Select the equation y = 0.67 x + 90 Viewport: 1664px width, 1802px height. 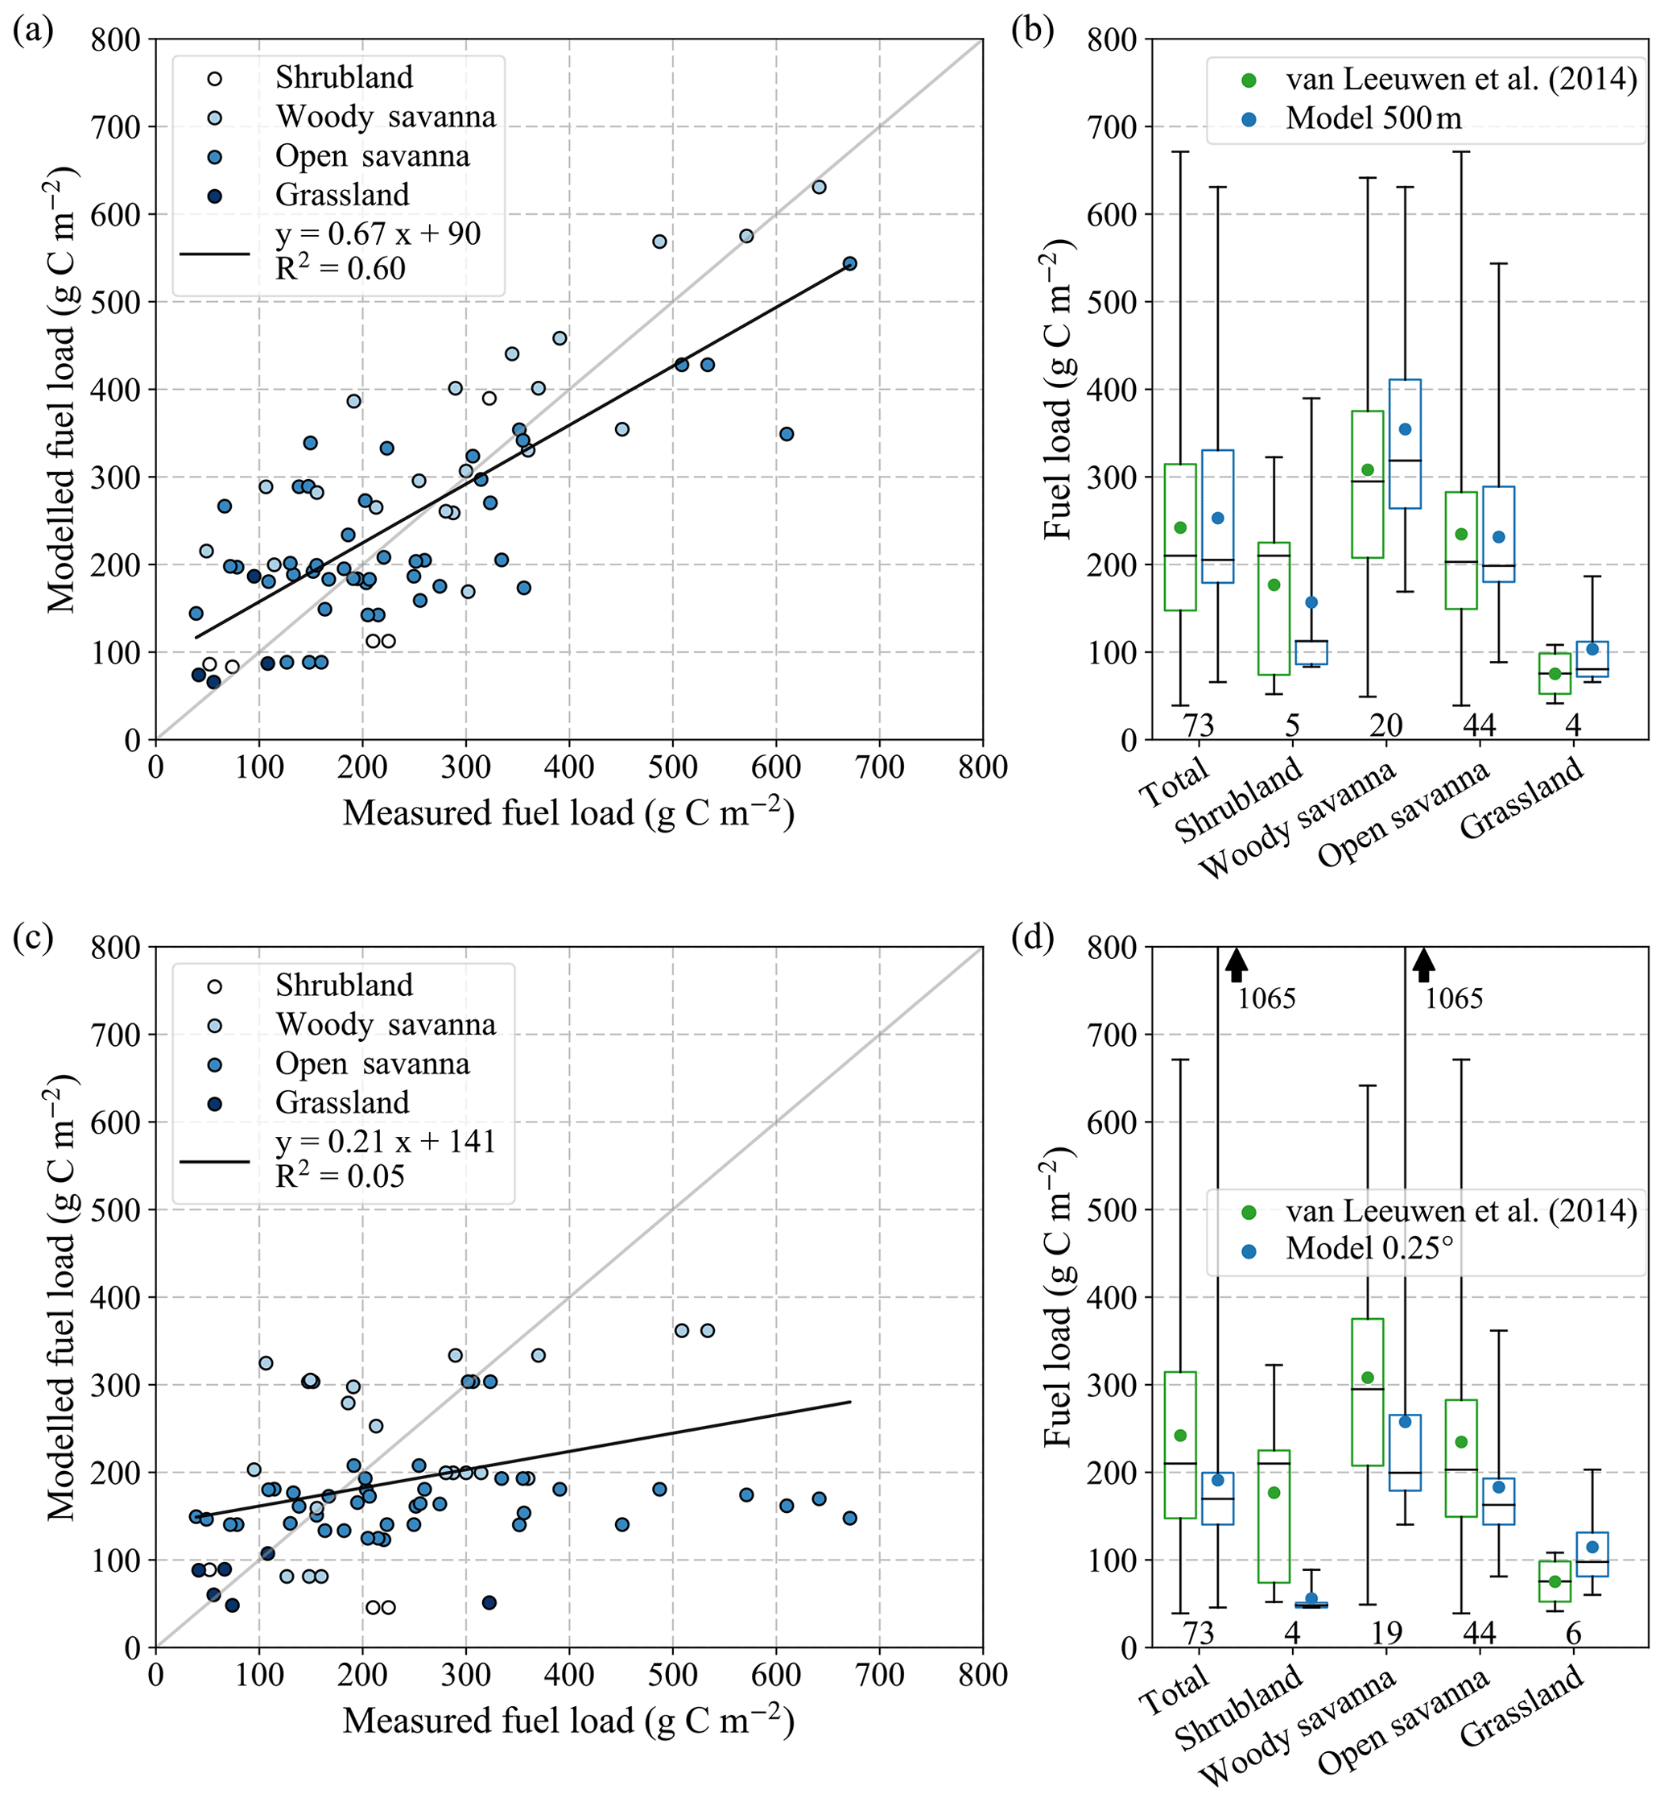[378, 234]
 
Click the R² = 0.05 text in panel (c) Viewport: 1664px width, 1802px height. [340, 1176]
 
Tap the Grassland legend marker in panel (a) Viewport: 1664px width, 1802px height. [214, 196]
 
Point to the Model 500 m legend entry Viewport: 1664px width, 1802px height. [1373, 118]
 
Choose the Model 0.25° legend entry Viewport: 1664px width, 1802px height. [1369, 1248]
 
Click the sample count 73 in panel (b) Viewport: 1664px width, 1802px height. [1199, 724]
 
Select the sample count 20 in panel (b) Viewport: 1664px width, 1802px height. [1385, 724]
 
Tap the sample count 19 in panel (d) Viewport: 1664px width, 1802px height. [1385, 1632]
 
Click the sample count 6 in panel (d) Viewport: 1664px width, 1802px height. [1573, 1632]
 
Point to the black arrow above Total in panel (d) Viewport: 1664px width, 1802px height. [1237, 965]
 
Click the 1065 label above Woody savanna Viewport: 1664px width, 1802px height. [1453, 998]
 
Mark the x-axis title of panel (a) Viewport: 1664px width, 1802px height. [568, 813]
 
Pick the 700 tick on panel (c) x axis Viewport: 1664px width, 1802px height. [879, 1674]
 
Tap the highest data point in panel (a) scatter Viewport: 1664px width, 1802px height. [819, 188]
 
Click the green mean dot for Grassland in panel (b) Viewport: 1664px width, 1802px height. [1555, 674]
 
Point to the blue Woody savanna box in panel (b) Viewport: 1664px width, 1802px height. [1405, 444]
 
